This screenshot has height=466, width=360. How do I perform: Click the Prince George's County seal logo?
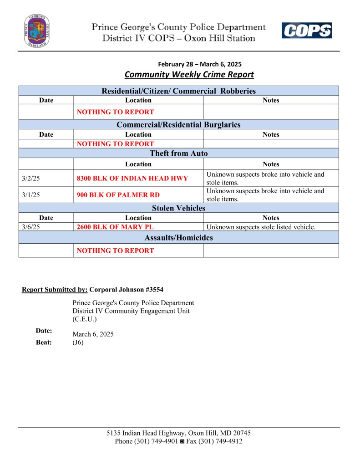pyautogui.click(x=37, y=31)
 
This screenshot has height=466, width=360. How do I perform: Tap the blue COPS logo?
pyautogui.click(x=306, y=31)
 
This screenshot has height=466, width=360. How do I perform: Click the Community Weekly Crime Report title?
pyautogui.click(x=189, y=74)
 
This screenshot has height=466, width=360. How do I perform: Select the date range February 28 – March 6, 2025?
pyautogui.click(x=200, y=64)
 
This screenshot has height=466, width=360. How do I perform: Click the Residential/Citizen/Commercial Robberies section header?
pyautogui.click(x=178, y=91)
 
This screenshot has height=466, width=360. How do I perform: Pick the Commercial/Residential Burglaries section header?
pyautogui.click(x=178, y=124)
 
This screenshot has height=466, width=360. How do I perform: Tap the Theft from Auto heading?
pyautogui.click(x=178, y=154)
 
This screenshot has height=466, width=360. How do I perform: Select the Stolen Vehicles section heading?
pyautogui.click(x=178, y=208)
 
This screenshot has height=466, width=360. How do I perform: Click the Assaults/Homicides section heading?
pyautogui.click(x=178, y=237)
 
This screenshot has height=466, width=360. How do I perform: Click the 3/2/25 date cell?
pyautogui.click(x=31, y=178)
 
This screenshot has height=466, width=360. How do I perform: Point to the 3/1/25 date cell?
pyautogui.click(x=31, y=195)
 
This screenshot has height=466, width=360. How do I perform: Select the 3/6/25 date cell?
pyautogui.click(x=31, y=226)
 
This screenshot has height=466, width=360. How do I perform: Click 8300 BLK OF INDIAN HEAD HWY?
pyautogui.click(x=132, y=178)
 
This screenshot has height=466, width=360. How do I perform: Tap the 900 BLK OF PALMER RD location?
pyautogui.click(x=118, y=195)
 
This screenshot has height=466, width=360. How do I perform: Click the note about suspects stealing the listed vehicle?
pyautogui.click(x=261, y=226)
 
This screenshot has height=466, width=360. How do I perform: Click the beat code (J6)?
pyautogui.click(x=78, y=343)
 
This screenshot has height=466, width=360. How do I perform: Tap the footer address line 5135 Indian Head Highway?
pyautogui.click(x=178, y=433)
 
